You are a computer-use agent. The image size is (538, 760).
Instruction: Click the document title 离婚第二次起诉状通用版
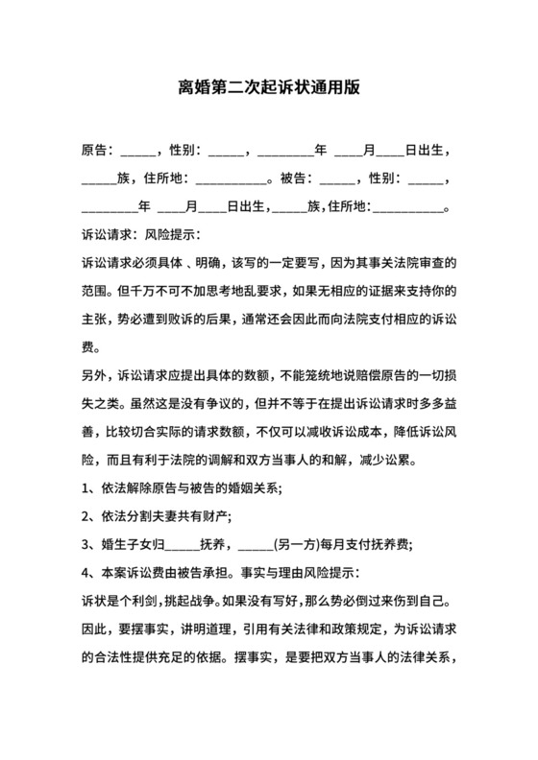pyautogui.click(x=269, y=87)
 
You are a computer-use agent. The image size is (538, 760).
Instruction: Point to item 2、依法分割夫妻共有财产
pyautogui.click(x=159, y=517)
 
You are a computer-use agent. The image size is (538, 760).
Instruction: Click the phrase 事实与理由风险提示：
pyautogui.click(x=307, y=574)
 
